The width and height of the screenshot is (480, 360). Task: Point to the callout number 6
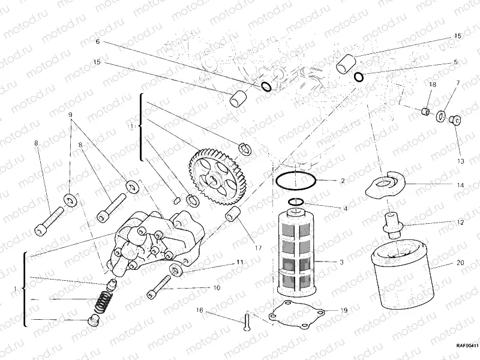point(97,42)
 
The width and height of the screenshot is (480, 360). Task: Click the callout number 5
point(455,62)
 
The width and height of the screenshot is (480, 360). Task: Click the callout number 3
point(341,263)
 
